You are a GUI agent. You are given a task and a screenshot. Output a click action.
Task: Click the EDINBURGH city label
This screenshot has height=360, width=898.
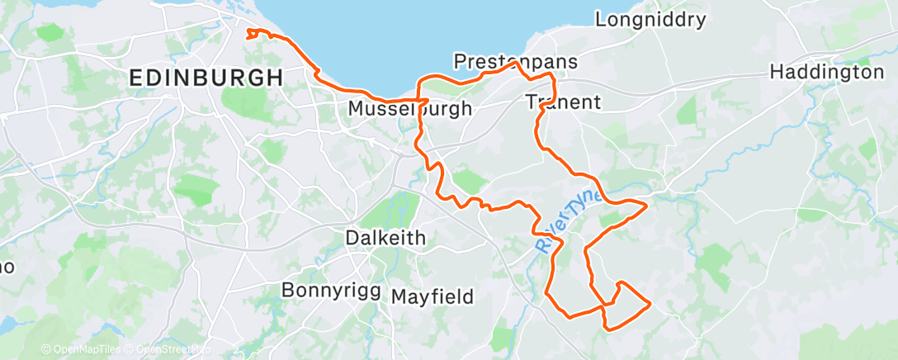click(x=206, y=78)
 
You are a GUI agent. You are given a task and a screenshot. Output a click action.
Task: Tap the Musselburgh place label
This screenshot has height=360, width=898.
click(x=410, y=108)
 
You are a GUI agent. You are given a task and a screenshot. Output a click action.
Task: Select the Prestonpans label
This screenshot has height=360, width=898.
click(x=516, y=62)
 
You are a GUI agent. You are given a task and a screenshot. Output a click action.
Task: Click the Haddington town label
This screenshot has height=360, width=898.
click(x=826, y=73)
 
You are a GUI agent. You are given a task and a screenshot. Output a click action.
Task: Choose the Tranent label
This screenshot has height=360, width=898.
click(x=563, y=102)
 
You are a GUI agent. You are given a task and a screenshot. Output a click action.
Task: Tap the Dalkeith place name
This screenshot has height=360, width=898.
click(x=385, y=238)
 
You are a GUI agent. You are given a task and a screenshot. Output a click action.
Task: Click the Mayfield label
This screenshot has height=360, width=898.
click(x=432, y=296)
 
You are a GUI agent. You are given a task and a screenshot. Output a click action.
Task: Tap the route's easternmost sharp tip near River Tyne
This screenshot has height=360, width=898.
click(x=644, y=202)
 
